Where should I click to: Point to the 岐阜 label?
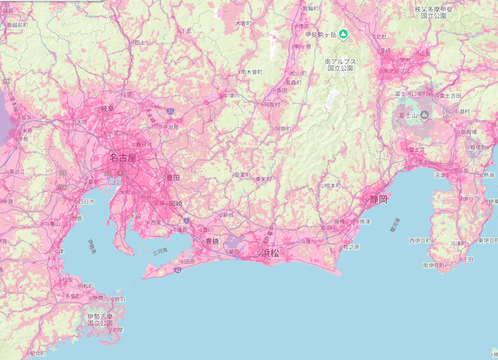coord(107,109)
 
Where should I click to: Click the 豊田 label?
coord(173,177)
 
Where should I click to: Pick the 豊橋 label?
coord(212,240)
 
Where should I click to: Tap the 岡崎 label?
coord(176,203)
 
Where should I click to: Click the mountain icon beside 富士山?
coord(425,115)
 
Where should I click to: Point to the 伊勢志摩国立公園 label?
coord(101,318)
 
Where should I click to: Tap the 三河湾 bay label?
coord(159,251)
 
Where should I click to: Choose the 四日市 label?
coord(86,201)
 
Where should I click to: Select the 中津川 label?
coord(232,96)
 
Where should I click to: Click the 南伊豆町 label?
coord(435,264)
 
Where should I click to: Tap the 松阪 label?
coord(68,279)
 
